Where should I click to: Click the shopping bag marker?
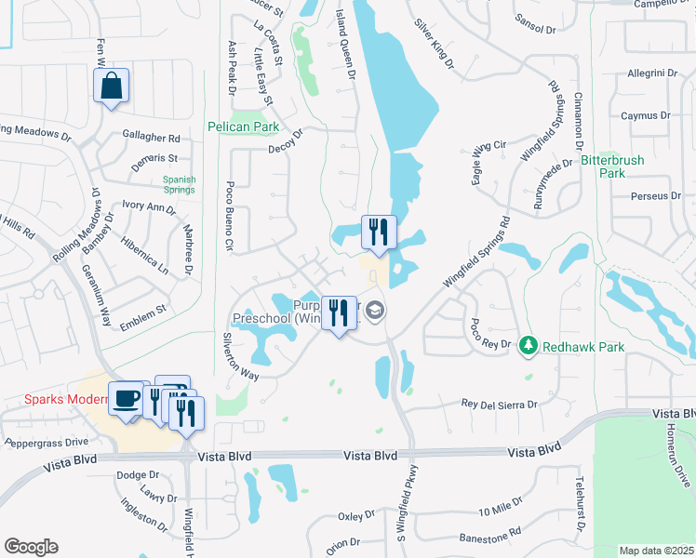point(111,86)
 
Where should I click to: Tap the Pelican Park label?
point(245,126)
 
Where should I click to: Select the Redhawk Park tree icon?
point(529,346)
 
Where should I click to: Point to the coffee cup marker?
point(127,399)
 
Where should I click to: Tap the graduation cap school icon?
point(375,311)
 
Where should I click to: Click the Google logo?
point(31,547)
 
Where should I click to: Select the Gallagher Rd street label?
point(151,137)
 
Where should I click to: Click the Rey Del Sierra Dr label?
point(501,405)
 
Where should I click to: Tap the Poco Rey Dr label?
point(490,335)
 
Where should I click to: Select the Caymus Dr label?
point(646,116)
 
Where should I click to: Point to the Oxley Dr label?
point(355,514)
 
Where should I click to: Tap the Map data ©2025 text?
point(655,551)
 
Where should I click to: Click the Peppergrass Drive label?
point(46,441)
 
